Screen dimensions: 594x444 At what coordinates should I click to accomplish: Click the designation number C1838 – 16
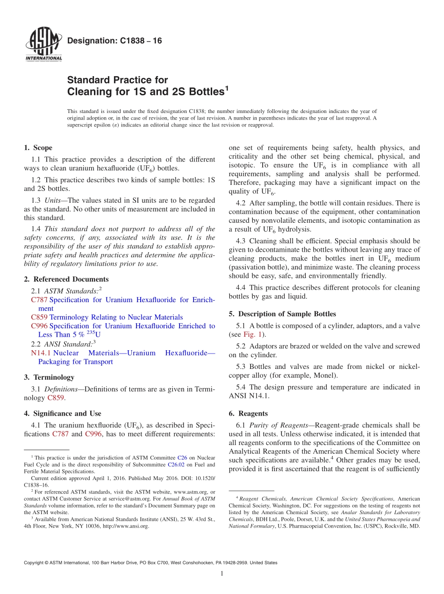point(115,41)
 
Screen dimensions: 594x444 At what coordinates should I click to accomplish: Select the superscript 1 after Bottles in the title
point(227,87)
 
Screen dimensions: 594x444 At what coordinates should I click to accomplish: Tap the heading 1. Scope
point(38,148)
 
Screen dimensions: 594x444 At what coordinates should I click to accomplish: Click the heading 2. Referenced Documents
point(66,279)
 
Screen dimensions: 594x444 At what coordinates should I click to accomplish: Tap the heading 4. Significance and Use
point(62,413)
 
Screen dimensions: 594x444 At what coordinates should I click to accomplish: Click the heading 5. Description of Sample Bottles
point(282,314)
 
